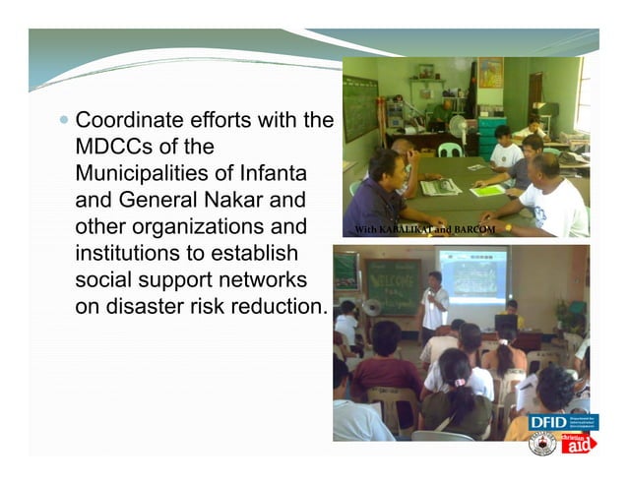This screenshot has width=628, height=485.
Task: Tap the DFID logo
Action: (547, 422)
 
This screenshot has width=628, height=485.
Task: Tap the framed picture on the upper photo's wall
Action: (490, 73)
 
